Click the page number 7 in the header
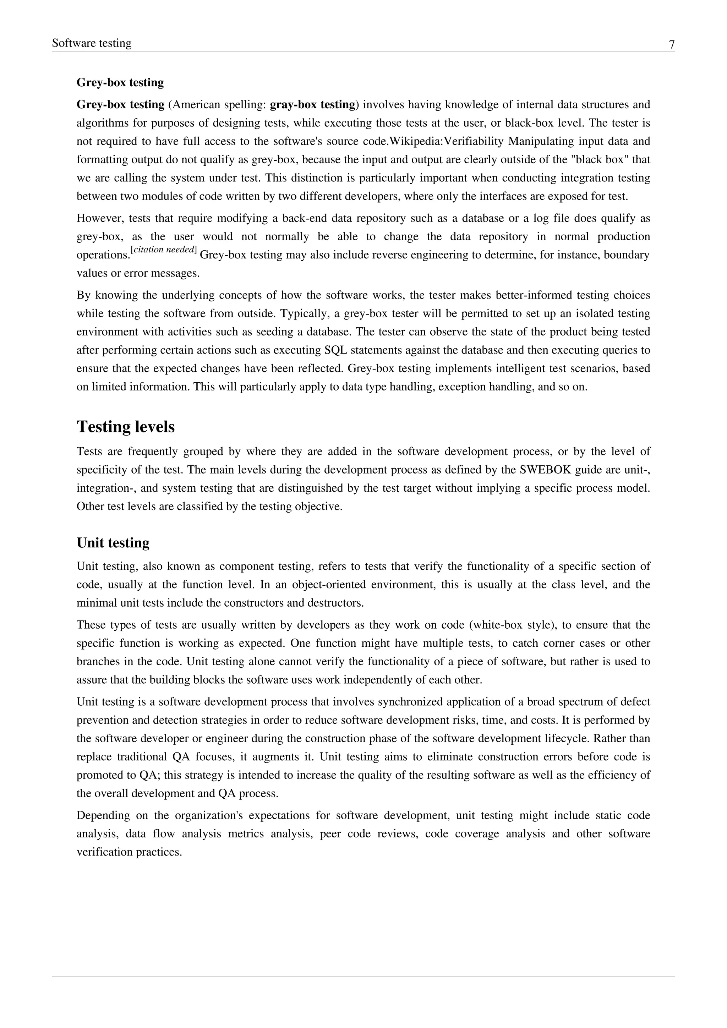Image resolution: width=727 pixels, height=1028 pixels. click(x=672, y=45)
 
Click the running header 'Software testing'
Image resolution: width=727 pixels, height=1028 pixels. click(x=92, y=43)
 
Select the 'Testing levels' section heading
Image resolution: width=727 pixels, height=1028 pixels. click(x=125, y=427)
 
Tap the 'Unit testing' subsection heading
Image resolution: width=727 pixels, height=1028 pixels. click(x=113, y=543)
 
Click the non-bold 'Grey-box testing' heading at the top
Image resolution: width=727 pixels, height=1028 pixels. click(x=120, y=82)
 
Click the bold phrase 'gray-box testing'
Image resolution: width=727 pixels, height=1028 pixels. click(x=312, y=105)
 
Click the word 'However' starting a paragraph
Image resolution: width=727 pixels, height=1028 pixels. click(x=99, y=219)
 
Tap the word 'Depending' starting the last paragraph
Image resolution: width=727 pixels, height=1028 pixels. click(x=103, y=815)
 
